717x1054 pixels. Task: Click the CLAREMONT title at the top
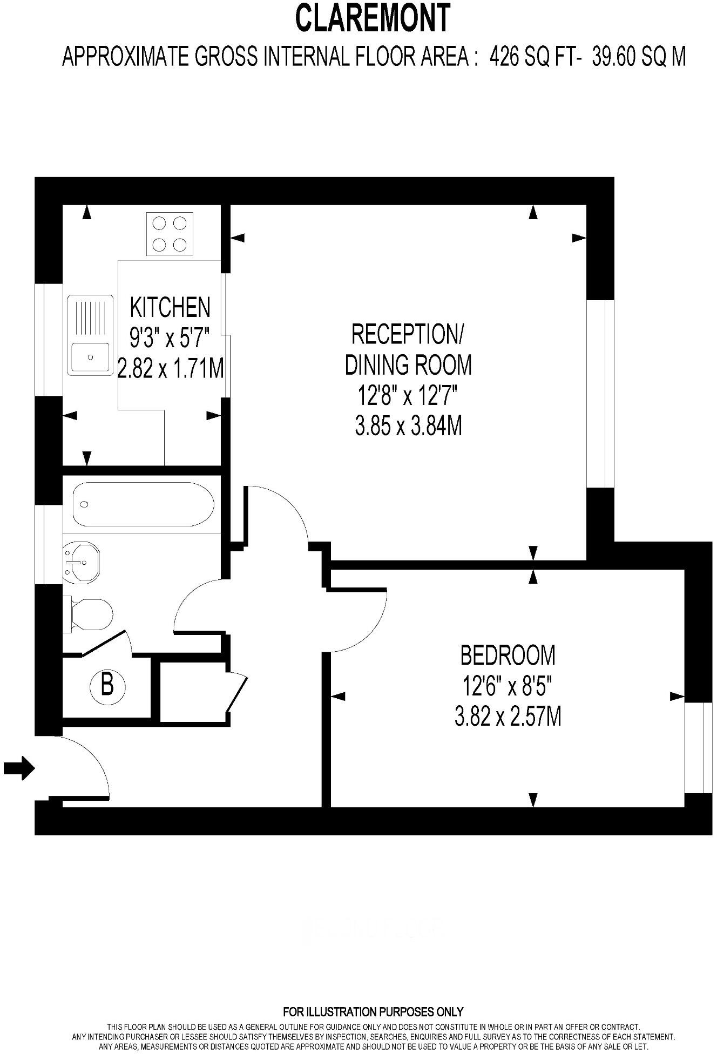coord(372,18)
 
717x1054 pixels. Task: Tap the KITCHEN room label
coord(170,307)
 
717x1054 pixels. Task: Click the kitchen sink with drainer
coord(90,335)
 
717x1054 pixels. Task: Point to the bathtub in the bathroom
coord(143,505)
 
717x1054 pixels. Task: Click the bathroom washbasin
coord(81,563)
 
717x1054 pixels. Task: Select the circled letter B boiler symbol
coord(107,686)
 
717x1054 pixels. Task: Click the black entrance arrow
coord(19,767)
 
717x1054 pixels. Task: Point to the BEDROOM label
coord(508,655)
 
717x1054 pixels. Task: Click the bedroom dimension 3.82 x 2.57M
coord(508,717)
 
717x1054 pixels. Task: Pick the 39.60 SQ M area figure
coord(639,56)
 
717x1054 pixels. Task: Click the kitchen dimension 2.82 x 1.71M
coord(171,370)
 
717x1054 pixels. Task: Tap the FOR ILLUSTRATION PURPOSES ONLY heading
coord(373,1011)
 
